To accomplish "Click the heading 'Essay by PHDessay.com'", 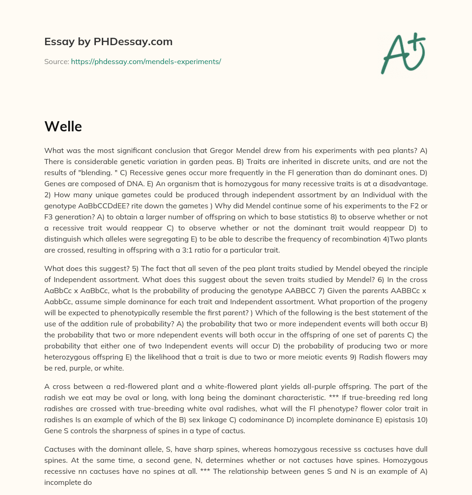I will pyautogui.click(x=108, y=42).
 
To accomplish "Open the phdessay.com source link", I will pyautogui.click(x=146, y=61).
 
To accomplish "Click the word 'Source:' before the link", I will pyautogui.click(x=56, y=61).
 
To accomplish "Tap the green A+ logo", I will pyautogui.click(x=402, y=53).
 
